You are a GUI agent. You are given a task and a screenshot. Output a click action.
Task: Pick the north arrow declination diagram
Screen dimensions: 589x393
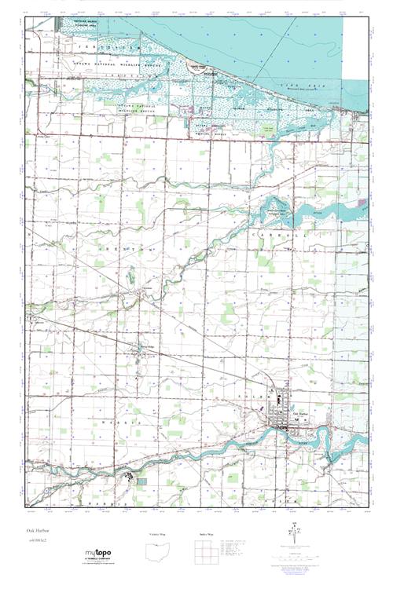point(296,536)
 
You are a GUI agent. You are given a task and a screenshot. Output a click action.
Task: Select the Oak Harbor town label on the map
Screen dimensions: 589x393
point(302,414)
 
